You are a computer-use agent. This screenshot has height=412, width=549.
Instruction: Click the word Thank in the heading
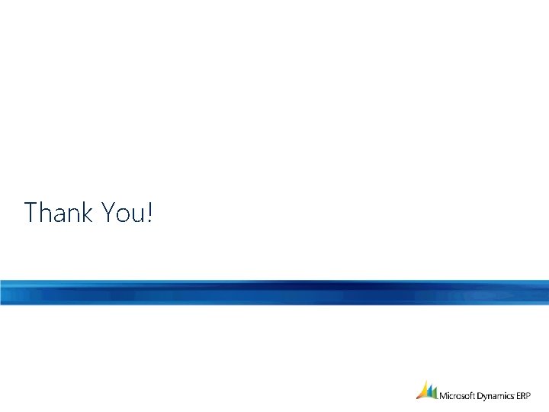pos(59,212)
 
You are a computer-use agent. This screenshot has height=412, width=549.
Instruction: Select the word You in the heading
pos(124,212)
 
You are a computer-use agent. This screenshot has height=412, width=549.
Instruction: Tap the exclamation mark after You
pos(149,212)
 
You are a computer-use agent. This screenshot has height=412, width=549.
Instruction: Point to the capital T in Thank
pos(31,212)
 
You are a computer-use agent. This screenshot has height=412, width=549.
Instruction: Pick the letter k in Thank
pos(88,212)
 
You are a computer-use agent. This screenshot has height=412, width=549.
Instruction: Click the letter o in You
pos(123,214)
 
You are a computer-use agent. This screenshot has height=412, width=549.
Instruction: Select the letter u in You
pos(138,214)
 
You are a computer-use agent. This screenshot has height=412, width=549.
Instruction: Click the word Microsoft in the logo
pos(457,395)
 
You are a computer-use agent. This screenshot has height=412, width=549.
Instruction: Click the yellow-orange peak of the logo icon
pos(422,391)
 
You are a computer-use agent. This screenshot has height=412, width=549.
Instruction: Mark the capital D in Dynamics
pos(481,395)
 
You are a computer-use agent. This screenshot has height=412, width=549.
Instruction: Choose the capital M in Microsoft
pos(444,395)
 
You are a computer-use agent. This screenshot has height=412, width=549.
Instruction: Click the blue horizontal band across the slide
pos(274,292)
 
